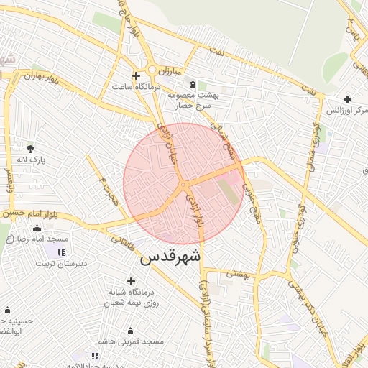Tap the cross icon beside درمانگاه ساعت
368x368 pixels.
[x=136, y=75]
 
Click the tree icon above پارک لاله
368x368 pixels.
[x=30, y=148]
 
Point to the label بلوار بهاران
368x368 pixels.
[x=39, y=75]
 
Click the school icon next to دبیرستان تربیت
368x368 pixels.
[x=60, y=252]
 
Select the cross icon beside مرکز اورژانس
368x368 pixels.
[x=348, y=99]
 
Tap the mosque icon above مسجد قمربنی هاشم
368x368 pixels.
[x=130, y=331]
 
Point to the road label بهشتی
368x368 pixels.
[x=236, y=272]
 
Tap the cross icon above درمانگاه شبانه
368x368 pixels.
[x=130, y=281]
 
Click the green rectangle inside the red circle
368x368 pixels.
[x=229, y=190]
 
